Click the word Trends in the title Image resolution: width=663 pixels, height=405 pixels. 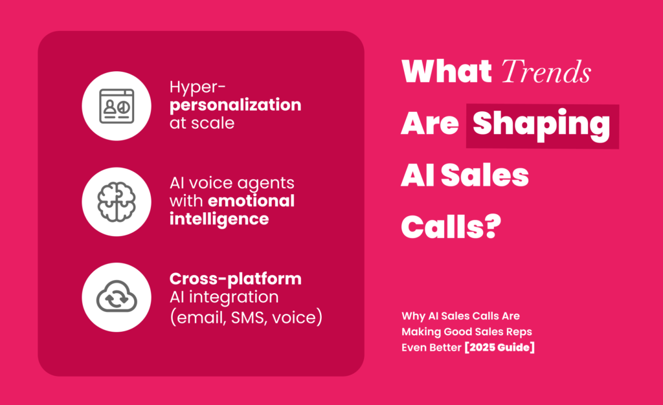click(x=546, y=71)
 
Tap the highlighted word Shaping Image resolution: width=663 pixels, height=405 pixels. click(x=541, y=125)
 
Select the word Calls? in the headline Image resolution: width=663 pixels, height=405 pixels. click(x=451, y=227)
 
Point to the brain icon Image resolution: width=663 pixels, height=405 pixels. click(x=117, y=202)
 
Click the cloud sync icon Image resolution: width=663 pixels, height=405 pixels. click(x=117, y=297)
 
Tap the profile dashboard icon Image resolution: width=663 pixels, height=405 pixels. click(x=117, y=106)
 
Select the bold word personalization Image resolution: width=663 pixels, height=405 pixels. click(x=236, y=105)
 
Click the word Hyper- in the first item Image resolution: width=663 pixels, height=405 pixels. click(x=197, y=87)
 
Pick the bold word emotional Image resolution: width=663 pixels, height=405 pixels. click(x=251, y=201)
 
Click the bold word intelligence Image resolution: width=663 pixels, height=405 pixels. click(x=219, y=219)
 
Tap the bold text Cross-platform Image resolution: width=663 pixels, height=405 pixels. click(x=236, y=279)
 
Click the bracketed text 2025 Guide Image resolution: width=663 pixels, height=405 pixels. click(x=499, y=347)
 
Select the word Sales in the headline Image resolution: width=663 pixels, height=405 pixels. click(x=484, y=175)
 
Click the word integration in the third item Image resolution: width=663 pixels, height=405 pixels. click(x=233, y=297)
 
